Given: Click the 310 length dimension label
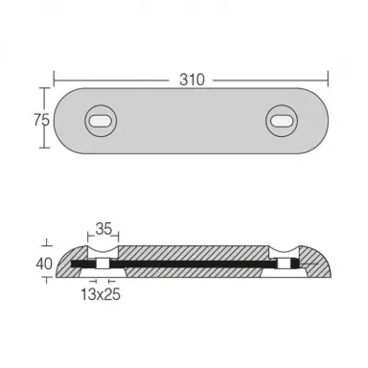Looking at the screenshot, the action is pyautogui.click(x=192, y=80).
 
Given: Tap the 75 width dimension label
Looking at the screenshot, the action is pyautogui.click(x=41, y=121).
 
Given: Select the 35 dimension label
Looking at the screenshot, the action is pyautogui.click(x=103, y=229).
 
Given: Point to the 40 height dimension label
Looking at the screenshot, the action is pyautogui.click(x=44, y=264).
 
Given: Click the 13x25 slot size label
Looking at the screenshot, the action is pyautogui.click(x=101, y=294).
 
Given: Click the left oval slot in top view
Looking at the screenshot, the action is pyautogui.click(x=101, y=121).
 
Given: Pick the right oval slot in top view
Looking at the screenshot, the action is pyautogui.click(x=282, y=121).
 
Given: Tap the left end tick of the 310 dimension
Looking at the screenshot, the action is pyautogui.click(x=54, y=79).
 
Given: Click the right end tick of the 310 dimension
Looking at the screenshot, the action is pyautogui.click(x=328, y=79).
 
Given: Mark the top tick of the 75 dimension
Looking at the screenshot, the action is pyautogui.click(x=44, y=88).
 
